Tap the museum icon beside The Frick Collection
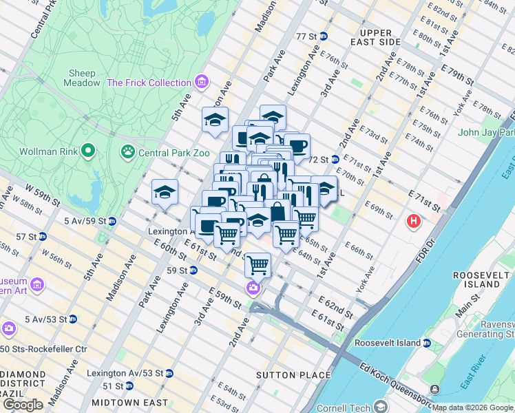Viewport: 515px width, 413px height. [x=202, y=83]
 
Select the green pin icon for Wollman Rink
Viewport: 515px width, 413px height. [x=87, y=150]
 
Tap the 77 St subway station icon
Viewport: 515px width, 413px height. [x=322, y=36]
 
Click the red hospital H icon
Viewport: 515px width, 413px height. [x=413, y=221]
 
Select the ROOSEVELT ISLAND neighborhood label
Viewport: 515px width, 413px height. [x=485, y=279]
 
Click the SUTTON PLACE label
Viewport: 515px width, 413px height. [x=285, y=375]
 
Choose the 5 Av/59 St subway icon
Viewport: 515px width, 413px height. [x=112, y=221]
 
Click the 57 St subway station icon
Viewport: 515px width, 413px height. [x=42, y=236]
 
